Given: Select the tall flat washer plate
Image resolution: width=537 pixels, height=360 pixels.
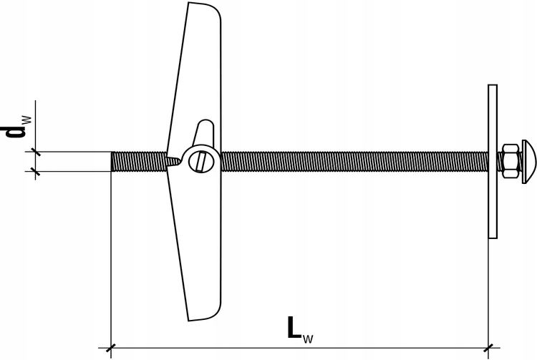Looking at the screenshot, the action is pos(492,161).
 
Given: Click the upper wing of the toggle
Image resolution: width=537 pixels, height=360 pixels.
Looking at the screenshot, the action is pos(200,72).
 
